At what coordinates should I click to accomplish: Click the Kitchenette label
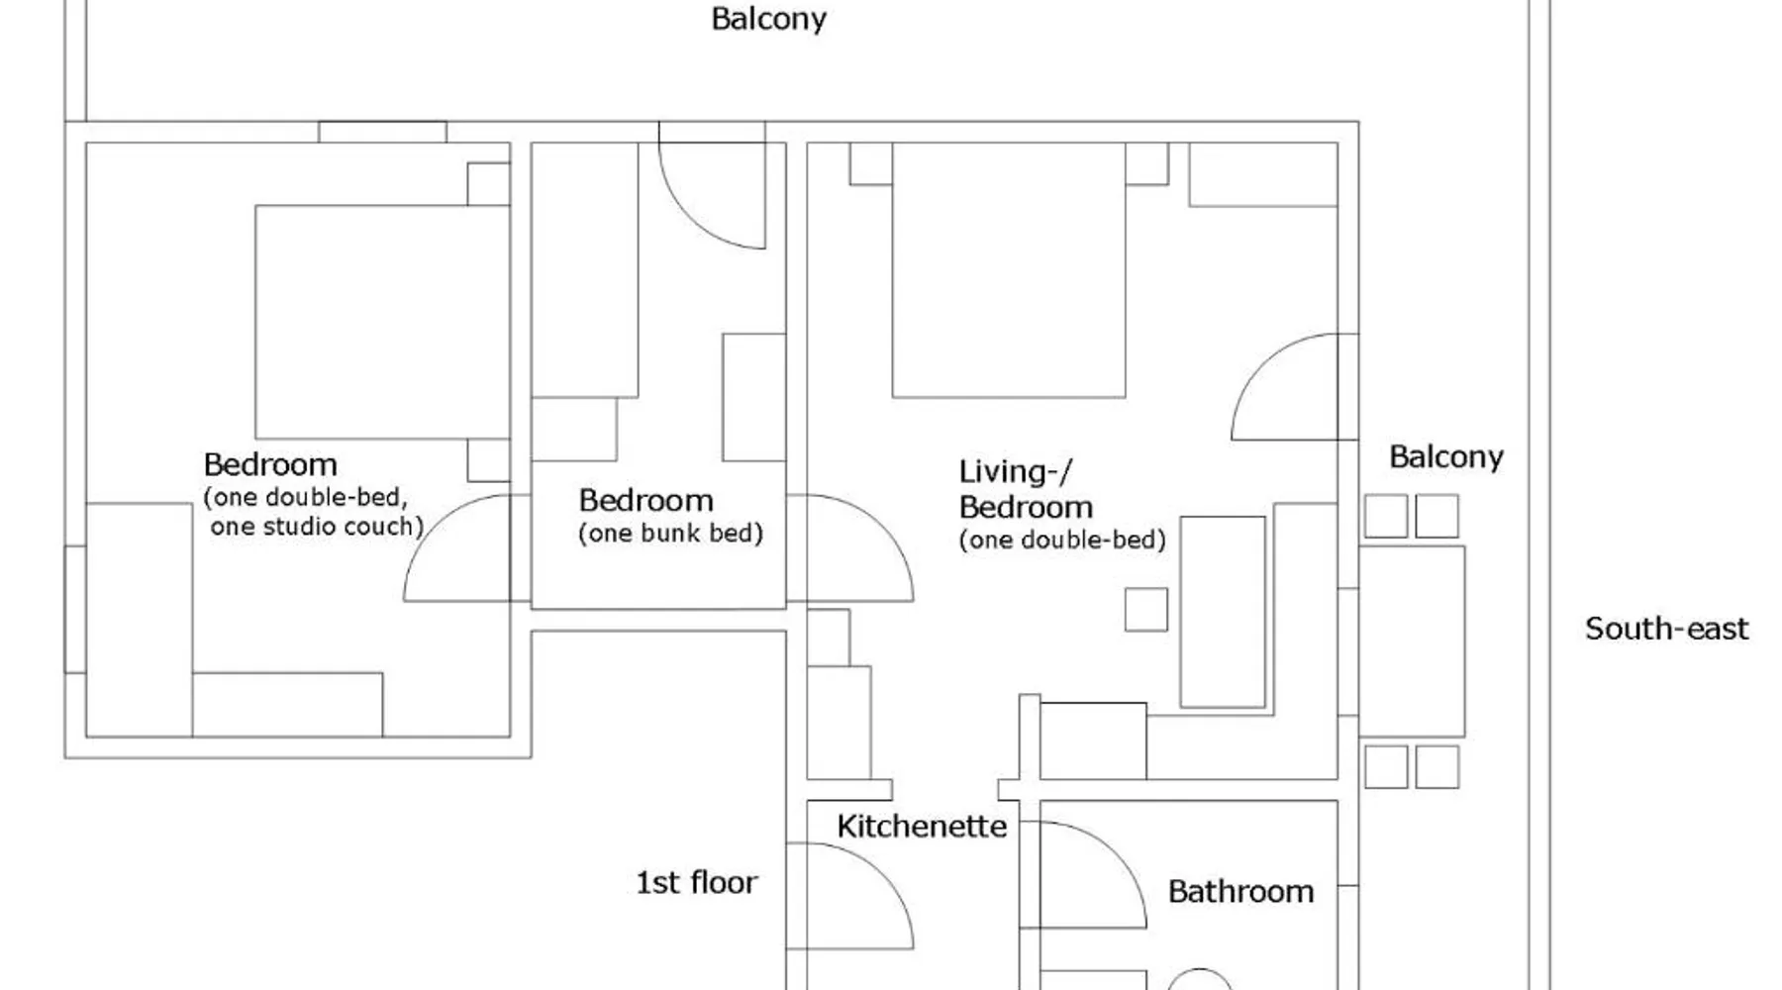(x=922, y=827)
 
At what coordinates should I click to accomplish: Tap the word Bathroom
(x=1240, y=892)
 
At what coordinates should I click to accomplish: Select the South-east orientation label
(x=1666, y=629)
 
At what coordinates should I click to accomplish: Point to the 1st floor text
(x=696, y=882)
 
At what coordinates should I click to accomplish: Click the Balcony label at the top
(x=768, y=20)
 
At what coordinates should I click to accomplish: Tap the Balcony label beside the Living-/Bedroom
(x=1446, y=457)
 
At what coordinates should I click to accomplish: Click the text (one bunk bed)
(x=671, y=534)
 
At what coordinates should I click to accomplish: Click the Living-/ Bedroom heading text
(x=1026, y=489)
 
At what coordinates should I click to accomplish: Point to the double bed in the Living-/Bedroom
(x=1009, y=270)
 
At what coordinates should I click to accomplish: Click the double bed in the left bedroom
(x=382, y=322)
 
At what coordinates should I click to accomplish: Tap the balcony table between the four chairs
(x=1412, y=641)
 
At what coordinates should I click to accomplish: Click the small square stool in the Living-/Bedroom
(x=1146, y=610)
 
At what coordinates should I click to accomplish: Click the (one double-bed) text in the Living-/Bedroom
(x=1062, y=541)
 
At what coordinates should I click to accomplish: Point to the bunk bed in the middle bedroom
(x=584, y=270)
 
